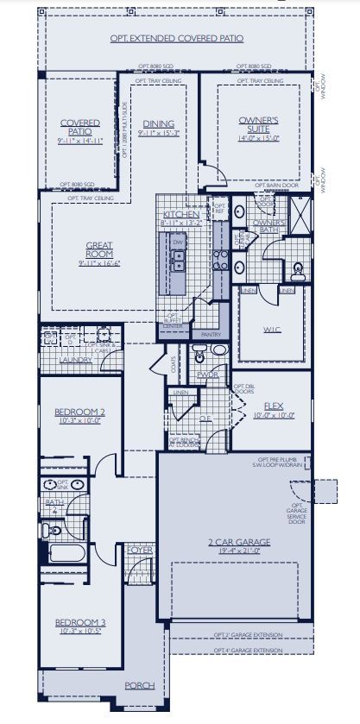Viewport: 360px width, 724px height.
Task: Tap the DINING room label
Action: pos(158,123)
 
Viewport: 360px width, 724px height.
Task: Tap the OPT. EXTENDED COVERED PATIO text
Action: pos(176,39)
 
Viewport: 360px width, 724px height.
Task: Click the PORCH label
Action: pos(139,685)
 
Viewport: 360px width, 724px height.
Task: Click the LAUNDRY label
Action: pos(75,360)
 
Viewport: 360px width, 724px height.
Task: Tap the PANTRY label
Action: pos(211,333)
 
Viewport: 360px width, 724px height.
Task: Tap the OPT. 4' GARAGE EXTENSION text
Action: pos(247,649)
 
